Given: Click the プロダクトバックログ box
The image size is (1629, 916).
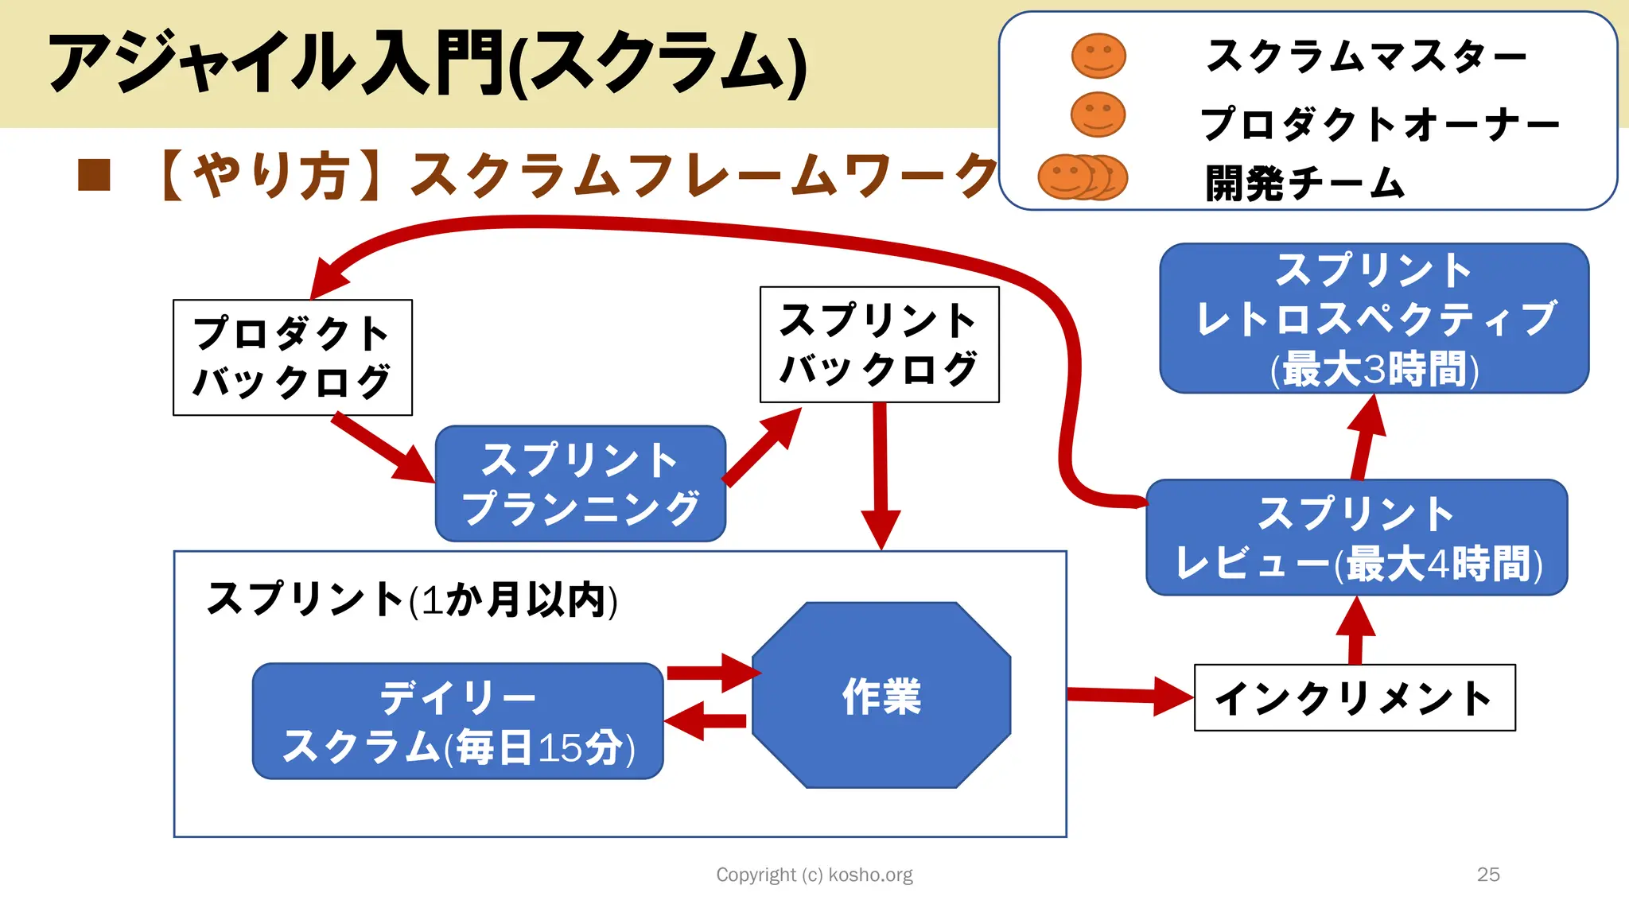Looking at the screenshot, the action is pos(292,357).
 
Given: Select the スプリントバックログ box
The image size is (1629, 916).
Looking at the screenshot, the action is pos(879,344).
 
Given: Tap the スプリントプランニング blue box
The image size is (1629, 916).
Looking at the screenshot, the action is pos(580,483).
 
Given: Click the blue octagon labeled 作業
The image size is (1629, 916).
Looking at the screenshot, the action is pos(881,696).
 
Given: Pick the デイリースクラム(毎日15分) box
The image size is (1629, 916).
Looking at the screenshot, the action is pos(457,721).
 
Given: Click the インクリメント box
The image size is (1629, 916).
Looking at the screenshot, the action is pos(1354,697).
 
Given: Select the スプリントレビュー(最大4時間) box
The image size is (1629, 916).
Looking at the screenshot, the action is pos(1356,538).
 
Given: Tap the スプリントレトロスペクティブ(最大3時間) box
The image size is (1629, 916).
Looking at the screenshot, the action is pos(1374,318).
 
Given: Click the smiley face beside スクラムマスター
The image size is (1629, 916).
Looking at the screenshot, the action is pos(1098,56).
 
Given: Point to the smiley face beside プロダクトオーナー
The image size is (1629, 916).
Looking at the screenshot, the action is pos(1098,114).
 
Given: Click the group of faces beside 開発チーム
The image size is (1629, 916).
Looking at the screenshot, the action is pos(1082,177).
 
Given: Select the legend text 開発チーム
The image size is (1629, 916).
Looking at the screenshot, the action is pos(1304,183).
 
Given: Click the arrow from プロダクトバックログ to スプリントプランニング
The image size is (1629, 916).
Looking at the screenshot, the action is pos(382,447).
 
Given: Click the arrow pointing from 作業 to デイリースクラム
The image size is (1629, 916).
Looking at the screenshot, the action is pos(704,721).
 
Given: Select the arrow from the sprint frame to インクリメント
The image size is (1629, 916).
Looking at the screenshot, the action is pos(1129,696).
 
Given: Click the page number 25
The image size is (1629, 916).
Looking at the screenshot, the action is pos(1487,875).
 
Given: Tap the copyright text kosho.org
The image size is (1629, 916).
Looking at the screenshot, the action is pos(814,875).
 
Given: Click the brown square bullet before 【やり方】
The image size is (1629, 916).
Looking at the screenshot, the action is pos(94,176).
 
